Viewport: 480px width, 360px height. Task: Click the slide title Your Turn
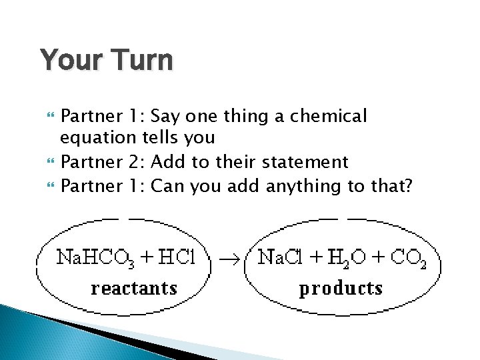coord(107,60)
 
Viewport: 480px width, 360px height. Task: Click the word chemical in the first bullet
coord(331,117)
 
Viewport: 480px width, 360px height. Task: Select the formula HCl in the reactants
coord(176,256)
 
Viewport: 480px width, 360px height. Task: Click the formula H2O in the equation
coord(350,256)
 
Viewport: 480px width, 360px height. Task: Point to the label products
coord(341,288)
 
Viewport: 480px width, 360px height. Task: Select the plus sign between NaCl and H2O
coord(316,256)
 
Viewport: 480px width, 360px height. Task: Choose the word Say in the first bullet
coord(164,117)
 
